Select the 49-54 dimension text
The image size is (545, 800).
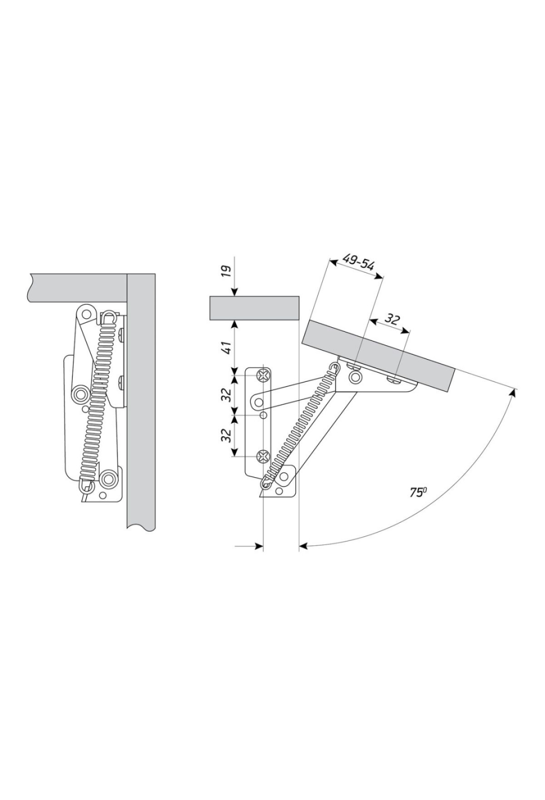pos(358,262)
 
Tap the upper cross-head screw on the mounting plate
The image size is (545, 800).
pos(263,375)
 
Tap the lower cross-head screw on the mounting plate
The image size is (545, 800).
pos(263,456)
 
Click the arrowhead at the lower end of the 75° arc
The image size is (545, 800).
pos(304,545)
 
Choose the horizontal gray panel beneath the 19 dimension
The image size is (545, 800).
pos(254,308)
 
